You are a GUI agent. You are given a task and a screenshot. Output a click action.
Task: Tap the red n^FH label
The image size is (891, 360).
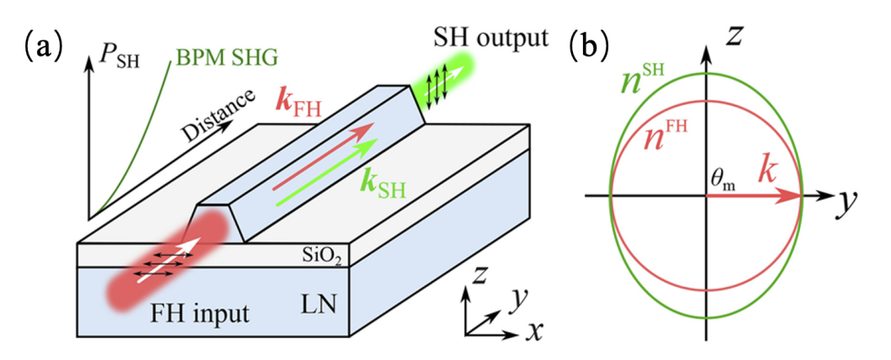click(x=665, y=138)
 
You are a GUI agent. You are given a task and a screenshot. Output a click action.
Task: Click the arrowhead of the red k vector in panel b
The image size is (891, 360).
click(x=793, y=195)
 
